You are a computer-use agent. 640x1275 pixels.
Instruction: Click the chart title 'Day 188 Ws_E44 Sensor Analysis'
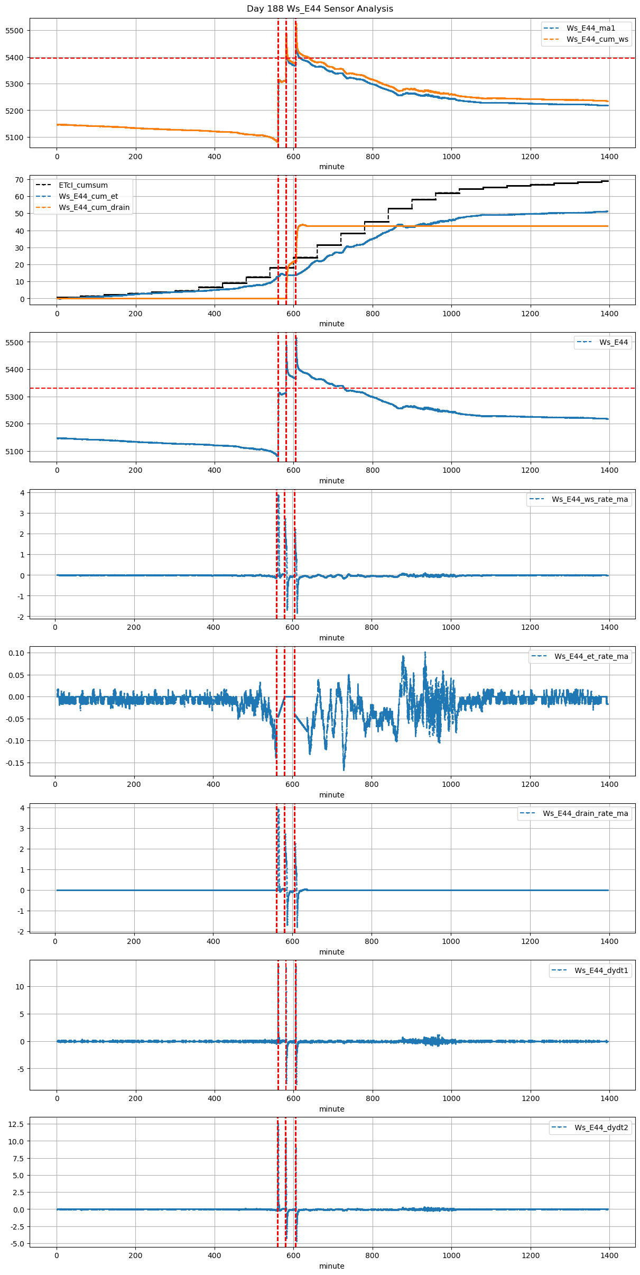pyautogui.click(x=320, y=9)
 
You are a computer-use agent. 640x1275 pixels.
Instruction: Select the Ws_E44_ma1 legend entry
pyautogui.click(x=590, y=28)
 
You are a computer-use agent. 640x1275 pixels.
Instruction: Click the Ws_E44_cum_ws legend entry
pyautogui.click(x=597, y=39)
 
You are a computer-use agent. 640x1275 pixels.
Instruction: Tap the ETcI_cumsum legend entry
pyautogui.click(x=83, y=185)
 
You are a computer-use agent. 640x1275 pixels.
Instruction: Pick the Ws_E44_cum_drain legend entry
pyautogui.click(x=94, y=207)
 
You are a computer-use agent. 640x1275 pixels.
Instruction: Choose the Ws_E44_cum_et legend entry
pyautogui.click(x=88, y=196)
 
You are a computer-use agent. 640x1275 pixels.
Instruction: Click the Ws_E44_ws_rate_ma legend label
pyautogui.click(x=590, y=499)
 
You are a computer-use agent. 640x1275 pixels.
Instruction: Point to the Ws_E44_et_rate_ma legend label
pyautogui.click(x=591, y=656)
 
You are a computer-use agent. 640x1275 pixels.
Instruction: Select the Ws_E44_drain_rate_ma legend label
pyautogui.click(x=585, y=813)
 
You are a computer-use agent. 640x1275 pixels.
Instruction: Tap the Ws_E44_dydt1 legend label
pyautogui.click(x=601, y=970)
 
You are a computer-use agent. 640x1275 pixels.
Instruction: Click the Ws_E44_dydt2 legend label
pyautogui.click(x=601, y=1127)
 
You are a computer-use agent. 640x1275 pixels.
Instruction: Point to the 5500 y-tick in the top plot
pyautogui.click(x=14, y=31)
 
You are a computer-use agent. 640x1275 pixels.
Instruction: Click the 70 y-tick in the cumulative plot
pyautogui.click(x=19, y=180)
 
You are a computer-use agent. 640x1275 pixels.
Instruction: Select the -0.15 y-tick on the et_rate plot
pyautogui.click(x=16, y=763)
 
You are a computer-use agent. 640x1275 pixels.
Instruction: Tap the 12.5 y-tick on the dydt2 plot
pyautogui.click(x=16, y=1124)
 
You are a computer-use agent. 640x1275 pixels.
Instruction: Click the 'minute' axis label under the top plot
pyautogui.click(x=331, y=167)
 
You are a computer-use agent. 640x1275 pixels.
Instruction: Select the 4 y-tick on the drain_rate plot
pyautogui.click(x=22, y=808)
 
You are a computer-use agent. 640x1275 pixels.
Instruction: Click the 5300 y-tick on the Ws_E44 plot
pyautogui.click(x=14, y=397)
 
